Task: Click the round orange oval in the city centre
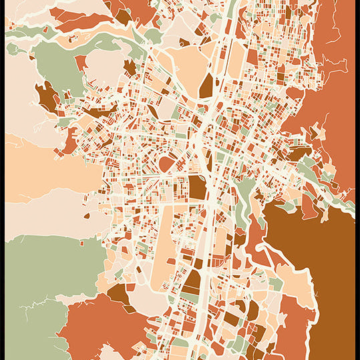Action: [x=166, y=164]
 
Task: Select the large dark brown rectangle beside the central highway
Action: [x=197, y=188]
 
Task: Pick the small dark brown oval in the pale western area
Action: [x=86, y=216]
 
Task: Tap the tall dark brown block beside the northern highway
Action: [x=206, y=86]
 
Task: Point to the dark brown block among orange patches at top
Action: [x=124, y=15]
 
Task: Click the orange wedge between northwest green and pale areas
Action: [x=81, y=63]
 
